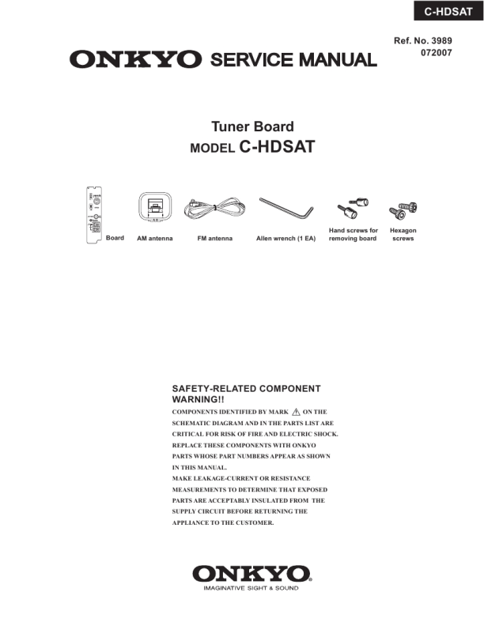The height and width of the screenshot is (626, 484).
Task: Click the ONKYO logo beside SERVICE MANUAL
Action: coord(135,59)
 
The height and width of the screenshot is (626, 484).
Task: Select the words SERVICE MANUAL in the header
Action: coord(292,59)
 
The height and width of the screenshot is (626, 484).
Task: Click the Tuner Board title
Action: coord(252,126)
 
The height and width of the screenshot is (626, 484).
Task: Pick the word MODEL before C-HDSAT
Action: coord(213,148)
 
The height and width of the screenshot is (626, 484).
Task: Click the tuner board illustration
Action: coord(93,214)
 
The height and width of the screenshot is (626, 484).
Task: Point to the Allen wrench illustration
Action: coord(287,209)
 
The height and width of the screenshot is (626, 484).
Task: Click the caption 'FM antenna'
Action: coord(214,238)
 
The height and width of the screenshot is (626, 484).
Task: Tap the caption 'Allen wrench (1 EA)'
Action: coord(285,238)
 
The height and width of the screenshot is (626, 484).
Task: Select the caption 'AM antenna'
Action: coord(155,238)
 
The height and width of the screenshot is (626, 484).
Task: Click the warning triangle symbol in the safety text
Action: coord(297,412)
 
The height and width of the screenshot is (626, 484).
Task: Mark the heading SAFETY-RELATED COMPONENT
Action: coord(246,389)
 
